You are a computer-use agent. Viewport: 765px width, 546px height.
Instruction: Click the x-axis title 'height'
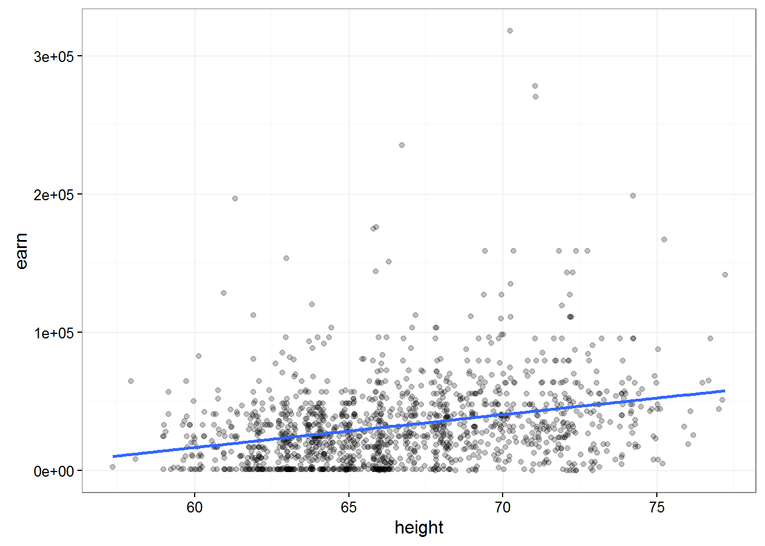pos(419,528)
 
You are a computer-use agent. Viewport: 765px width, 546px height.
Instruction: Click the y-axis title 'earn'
pos(22,251)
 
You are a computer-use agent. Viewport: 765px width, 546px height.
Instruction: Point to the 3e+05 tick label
pos(54,56)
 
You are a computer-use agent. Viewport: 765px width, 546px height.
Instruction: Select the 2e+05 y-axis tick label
pos(54,195)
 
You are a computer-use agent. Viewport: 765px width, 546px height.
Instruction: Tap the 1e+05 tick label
pos(54,333)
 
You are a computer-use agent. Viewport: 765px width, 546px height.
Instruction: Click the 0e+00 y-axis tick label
pos(54,471)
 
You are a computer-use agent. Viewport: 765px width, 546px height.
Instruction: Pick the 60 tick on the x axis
pos(195,507)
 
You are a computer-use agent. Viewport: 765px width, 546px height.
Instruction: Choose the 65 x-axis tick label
pos(348,507)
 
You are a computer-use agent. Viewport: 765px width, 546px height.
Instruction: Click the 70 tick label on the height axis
pos(503,507)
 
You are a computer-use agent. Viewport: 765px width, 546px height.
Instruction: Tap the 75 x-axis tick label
pos(657,507)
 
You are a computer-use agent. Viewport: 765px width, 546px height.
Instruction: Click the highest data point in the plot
pos(510,31)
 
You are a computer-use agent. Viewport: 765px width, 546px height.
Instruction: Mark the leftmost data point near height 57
pos(113,467)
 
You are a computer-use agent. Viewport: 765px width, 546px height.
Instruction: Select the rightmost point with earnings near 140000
pos(725,275)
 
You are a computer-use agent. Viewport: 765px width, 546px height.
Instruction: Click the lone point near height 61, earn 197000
pos(235,198)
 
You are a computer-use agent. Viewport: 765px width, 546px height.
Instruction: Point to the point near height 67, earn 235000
pos(402,145)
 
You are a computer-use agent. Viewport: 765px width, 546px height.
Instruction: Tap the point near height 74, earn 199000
pos(633,196)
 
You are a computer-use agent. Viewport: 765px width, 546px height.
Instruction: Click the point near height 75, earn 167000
pos(664,239)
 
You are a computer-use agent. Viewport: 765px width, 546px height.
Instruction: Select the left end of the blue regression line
pos(114,456)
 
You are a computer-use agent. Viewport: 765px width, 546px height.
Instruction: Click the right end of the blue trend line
pos(724,391)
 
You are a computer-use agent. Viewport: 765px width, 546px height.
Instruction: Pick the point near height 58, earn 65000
pos(131,381)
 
